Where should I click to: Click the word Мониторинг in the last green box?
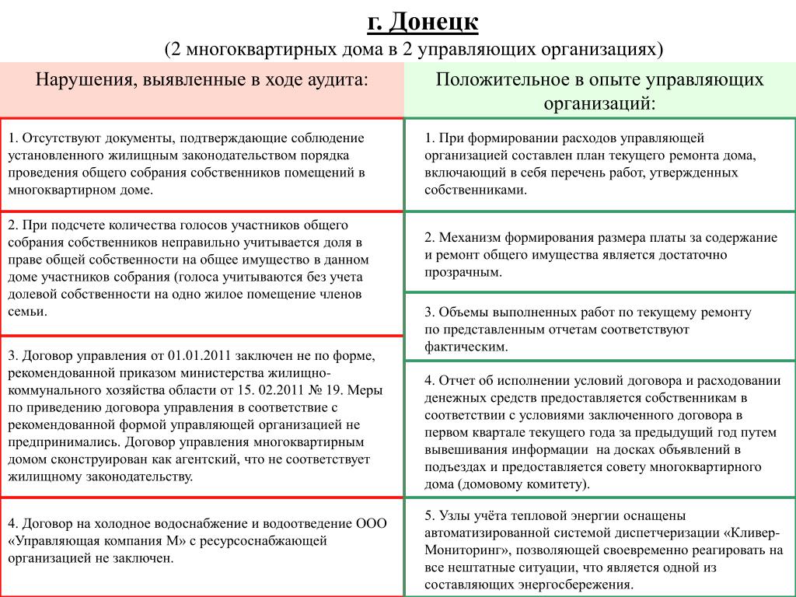(x=459, y=550)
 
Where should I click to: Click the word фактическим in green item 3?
(x=464, y=347)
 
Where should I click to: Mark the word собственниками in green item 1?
(x=473, y=189)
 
